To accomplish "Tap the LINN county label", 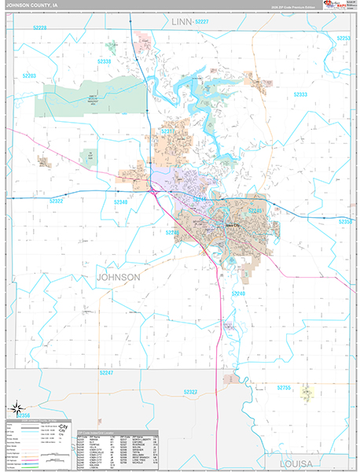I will point(182,24).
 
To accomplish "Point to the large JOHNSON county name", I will point(118,278).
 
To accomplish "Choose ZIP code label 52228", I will point(34,28).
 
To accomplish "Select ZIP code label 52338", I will point(104,61).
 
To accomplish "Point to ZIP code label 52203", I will point(29,76).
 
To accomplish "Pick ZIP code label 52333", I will point(299,94).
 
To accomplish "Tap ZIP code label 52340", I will point(120,202).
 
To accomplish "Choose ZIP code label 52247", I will point(108,371).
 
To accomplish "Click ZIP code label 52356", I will point(24,415).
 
